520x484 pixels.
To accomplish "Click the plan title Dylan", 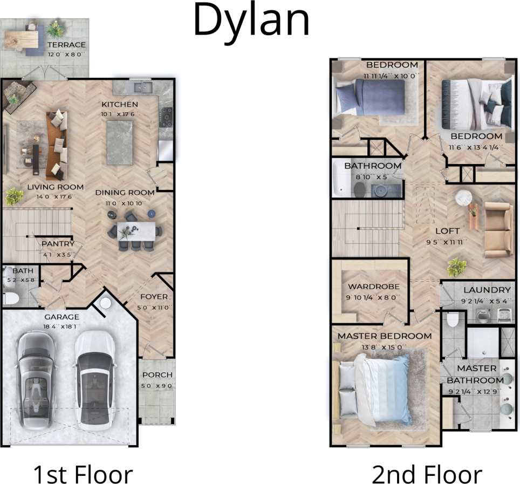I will tap(251, 21).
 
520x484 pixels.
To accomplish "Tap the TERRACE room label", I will tap(66, 45).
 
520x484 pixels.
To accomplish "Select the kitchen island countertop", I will tap(119, 142).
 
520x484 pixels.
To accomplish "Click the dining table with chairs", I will tap(133, 231).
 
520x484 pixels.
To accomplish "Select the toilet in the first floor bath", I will tap(11, 298).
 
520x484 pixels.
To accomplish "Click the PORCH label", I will tap(157, 375).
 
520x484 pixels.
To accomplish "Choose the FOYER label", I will tap(154, 297).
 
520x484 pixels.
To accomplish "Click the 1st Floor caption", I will tap(83, 474).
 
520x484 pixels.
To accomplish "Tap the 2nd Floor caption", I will tap(427, 474).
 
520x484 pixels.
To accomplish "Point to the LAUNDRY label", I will tap(486, 290).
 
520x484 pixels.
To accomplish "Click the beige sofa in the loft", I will tap(498, 229).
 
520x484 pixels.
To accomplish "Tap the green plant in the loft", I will tap(457, 266).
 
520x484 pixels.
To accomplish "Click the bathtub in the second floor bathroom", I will tap(339, 179).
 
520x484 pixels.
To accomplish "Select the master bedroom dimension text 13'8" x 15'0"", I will tap(384, 347).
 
